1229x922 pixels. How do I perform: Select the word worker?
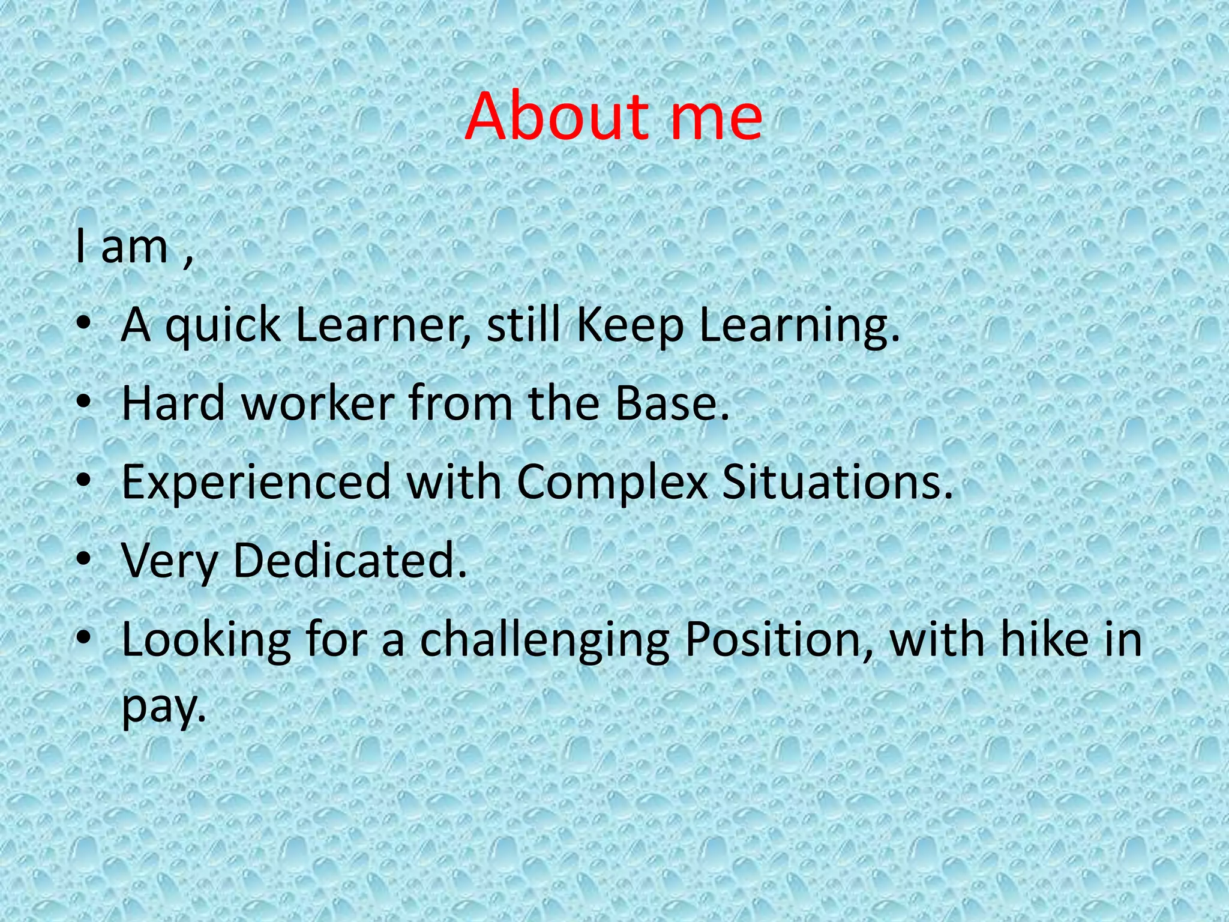point(319,403)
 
